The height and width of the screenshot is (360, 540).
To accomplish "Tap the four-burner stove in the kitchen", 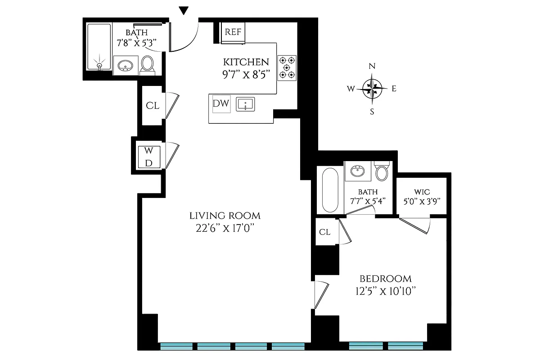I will [x=287, y=67].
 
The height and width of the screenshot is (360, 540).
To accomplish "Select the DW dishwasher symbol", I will [x=221, y=104].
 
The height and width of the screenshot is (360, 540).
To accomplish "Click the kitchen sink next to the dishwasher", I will [x=245, y=104].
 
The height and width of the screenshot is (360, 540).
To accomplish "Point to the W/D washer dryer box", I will [x=148, y=157].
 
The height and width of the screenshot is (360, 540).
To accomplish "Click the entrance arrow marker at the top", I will [x=184, y=10].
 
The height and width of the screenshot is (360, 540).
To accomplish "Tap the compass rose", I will [x=372, y=88].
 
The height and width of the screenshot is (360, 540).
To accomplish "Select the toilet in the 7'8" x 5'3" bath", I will [x=147, y=65].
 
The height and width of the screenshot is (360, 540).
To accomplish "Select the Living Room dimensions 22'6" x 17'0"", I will [x=225, y=228].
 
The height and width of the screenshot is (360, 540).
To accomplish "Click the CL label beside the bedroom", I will [x=325, y=232].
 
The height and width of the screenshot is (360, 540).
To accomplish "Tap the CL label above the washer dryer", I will [x=153, y=106].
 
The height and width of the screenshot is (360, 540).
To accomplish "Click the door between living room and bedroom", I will [x=320, y=295].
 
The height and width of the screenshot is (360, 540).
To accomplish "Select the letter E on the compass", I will [x=394, y=89].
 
